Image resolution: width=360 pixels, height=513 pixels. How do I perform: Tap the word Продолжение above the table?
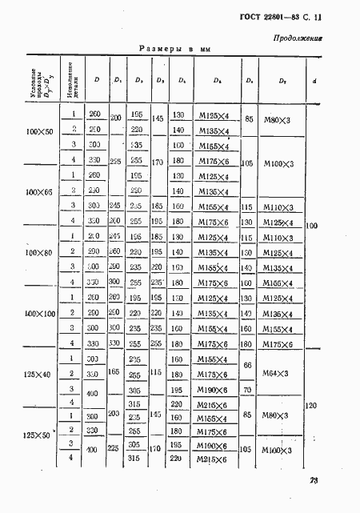click(x=298, y=38)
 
